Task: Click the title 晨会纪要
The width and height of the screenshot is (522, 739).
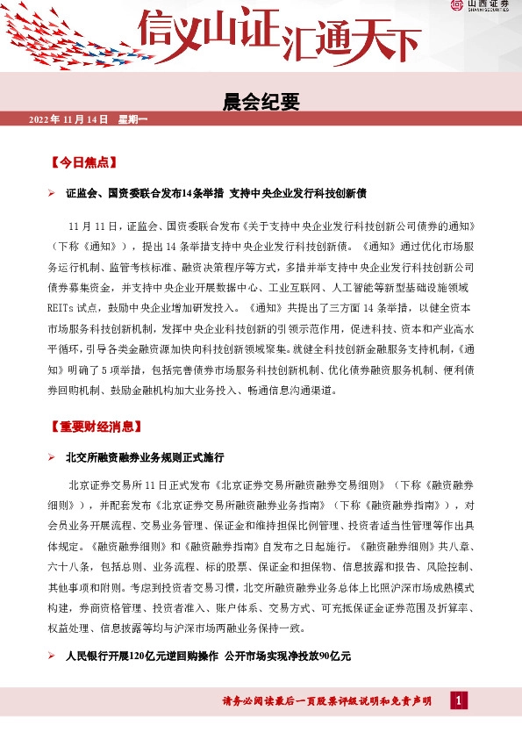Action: tap(261, 102)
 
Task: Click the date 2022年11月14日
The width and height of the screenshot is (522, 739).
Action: tap(68, 118)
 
